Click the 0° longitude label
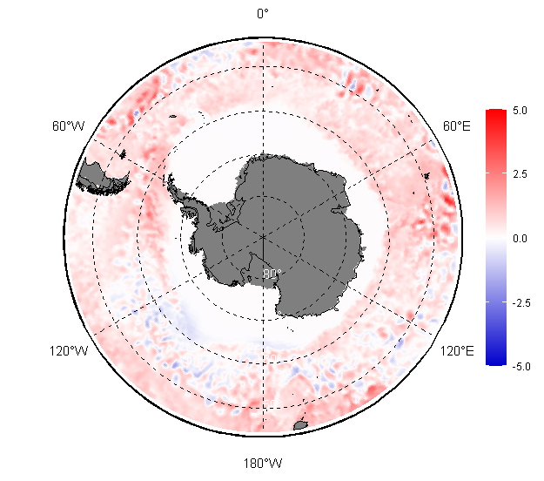coord(263,14)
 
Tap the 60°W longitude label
coord(69,125)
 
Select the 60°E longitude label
coord(457,125)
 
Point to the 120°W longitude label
coord(69,351)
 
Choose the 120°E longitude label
coord(457,351)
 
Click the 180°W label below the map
coord(263,464)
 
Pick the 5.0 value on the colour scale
coord(520,111)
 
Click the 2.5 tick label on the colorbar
coord(520,173)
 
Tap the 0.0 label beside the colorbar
coord(520,238)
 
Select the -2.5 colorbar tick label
coord(521,303)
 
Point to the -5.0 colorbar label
coord(521,366)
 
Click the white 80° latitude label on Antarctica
coord(272,274)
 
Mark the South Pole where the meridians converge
coord(263,237)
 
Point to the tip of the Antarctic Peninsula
coord(170,176)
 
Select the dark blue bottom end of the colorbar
coord(496,361)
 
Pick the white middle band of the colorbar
coord(496,238)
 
